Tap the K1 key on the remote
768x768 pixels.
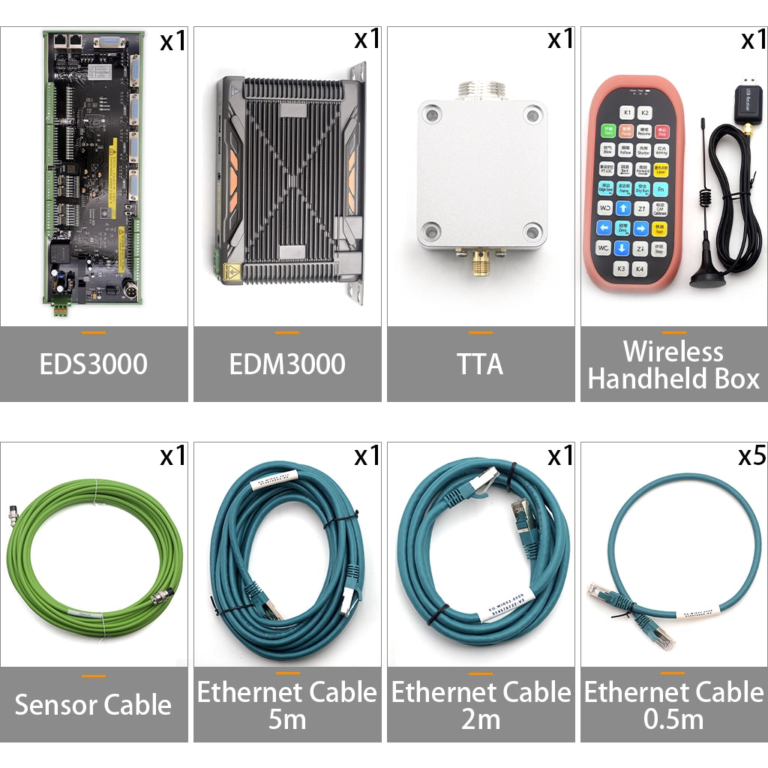[628, 112]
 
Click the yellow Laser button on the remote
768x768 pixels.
[661, 170]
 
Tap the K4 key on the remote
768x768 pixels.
[640, 268]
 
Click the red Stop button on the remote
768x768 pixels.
[662, 132]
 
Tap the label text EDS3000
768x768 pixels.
[94, 364]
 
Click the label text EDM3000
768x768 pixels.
[287, 364]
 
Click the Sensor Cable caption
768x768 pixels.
[94, 705]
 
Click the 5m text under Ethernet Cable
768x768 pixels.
[287, 720]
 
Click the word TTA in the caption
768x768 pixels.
[481, 364]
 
